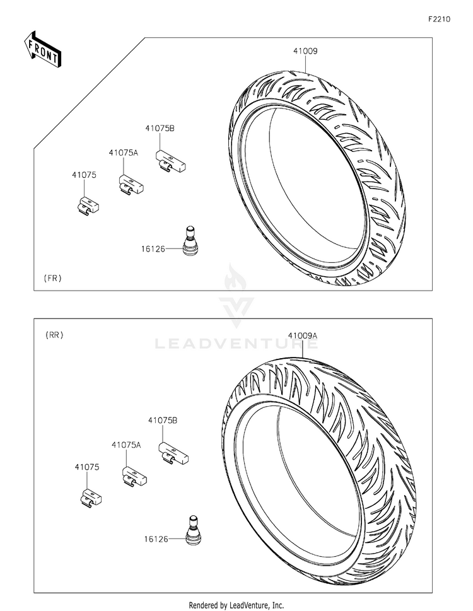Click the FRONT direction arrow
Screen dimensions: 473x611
click(42, 49)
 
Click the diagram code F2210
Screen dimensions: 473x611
click(439, 19)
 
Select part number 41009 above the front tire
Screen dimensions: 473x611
click(305, 51)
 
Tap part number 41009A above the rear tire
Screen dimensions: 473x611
click(303, 335)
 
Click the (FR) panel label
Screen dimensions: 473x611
click(52, 278)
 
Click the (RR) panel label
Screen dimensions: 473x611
click(54, 335)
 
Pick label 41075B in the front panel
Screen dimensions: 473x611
click(160, 128)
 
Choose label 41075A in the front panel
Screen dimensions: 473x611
click(123, 153)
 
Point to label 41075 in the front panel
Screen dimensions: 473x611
click(84, 175)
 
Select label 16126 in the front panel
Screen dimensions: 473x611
click(153, 248)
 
